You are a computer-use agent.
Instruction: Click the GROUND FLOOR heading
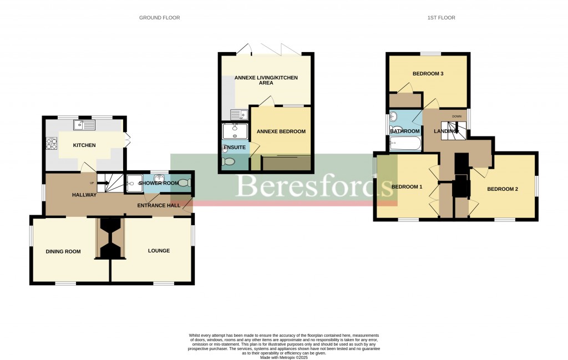159,18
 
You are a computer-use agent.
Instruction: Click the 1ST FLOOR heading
441,18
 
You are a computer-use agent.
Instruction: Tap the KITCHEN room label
84,145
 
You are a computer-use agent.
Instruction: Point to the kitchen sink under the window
87,125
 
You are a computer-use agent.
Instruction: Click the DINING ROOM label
63,251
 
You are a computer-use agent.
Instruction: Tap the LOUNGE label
159,251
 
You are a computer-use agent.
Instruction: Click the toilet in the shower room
184,183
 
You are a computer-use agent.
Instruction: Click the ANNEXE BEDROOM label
281,131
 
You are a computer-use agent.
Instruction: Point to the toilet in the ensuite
227,161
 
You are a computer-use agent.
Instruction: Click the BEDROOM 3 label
428,73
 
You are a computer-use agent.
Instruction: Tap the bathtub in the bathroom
405,144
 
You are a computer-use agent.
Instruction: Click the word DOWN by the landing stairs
457,116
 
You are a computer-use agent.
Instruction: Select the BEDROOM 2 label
503,189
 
